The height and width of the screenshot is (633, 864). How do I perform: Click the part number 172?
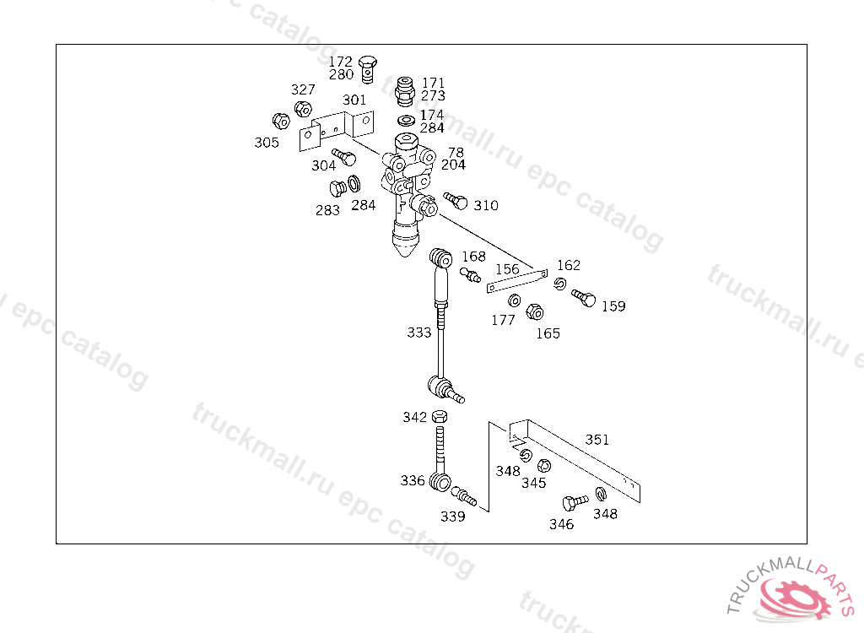pos(341,62)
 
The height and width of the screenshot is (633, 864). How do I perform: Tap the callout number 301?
pos(354,100)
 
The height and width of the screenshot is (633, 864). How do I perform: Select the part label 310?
pos(485,205)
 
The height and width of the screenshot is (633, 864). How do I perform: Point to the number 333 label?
pos(419,333)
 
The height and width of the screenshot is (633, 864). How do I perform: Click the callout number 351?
pos(597,439)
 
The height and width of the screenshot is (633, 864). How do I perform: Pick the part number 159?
pos(613,306)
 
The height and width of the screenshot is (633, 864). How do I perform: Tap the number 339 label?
pos(453,516)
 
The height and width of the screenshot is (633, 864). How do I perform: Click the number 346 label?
pos(561,524)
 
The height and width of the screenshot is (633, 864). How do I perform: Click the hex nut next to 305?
pos(282,122)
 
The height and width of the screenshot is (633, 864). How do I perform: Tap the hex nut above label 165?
pos(534,311)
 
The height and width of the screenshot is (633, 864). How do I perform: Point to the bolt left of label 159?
pos(583,297)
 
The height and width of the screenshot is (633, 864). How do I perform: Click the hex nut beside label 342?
pos(439,416)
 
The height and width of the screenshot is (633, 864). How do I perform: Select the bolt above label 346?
pos(575,502)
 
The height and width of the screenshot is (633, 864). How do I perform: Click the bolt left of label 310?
pos(456,201)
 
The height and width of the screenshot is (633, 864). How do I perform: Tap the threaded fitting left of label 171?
pos(406,88)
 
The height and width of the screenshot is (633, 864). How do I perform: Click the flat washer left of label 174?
pos(406,120)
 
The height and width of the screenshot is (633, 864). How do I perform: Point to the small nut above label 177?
pos(513,300)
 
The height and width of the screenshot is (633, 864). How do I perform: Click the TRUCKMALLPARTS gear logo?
pos(795,597)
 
